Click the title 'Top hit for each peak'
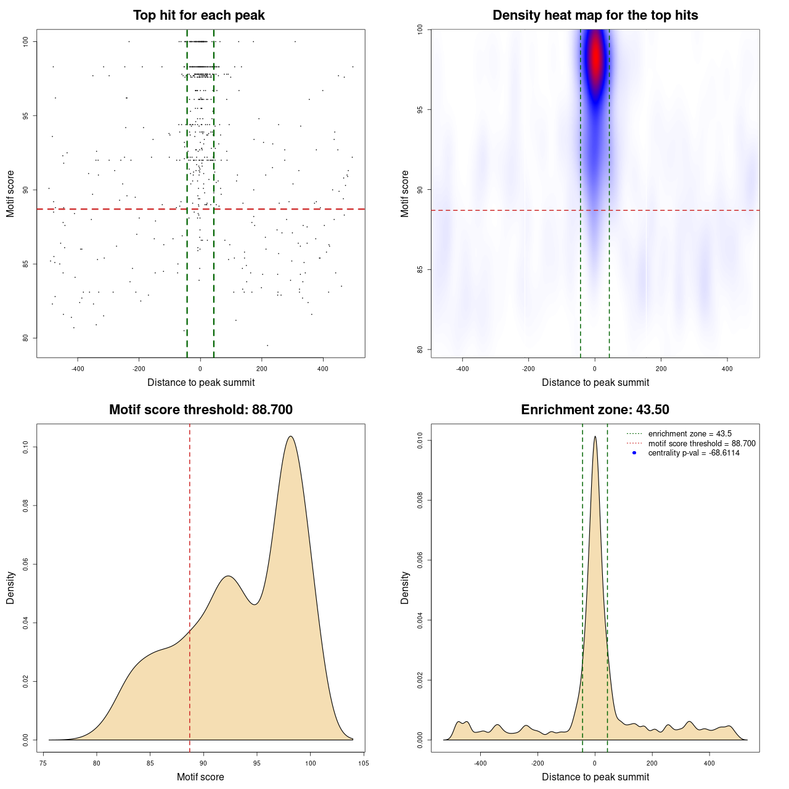pyautogui.click(x=198, y=15)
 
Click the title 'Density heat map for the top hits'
pyautogui.click(x=595, y=15)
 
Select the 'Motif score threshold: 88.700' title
pyautogui.click(x=200, y=410)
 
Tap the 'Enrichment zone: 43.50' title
pyautogui.click(x=595, y=410)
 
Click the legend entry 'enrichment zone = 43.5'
pyautogui.click(x=690, y=434)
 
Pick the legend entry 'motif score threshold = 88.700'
pyautogui.click(x=701, y=444)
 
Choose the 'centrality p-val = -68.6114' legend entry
pyautogui.click(x=693, y=453)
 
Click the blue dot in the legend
pyautogui.click(x=634, y=453)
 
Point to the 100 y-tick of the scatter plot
pyautogui.click(x=26, y=41)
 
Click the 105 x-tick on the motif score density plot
pyautogui.click(x=363, y=763)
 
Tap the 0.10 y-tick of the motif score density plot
pyautogui.click(x=26, y=447)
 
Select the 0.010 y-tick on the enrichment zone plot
pyautogui.click(x=420, y=440)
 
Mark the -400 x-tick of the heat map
pyautogui.click(x=462, y=369)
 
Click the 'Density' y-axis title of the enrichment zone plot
pyautogui.click(x=405, y=587)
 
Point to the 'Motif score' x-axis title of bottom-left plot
pyautogui.click(x=200, y=777)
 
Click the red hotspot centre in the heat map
pyautogui.click(x=595, y=59)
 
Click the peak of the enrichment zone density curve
pyautogui.click(x=595, y=436)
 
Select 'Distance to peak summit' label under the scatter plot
pyautogui.click(x=201, y=382)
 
